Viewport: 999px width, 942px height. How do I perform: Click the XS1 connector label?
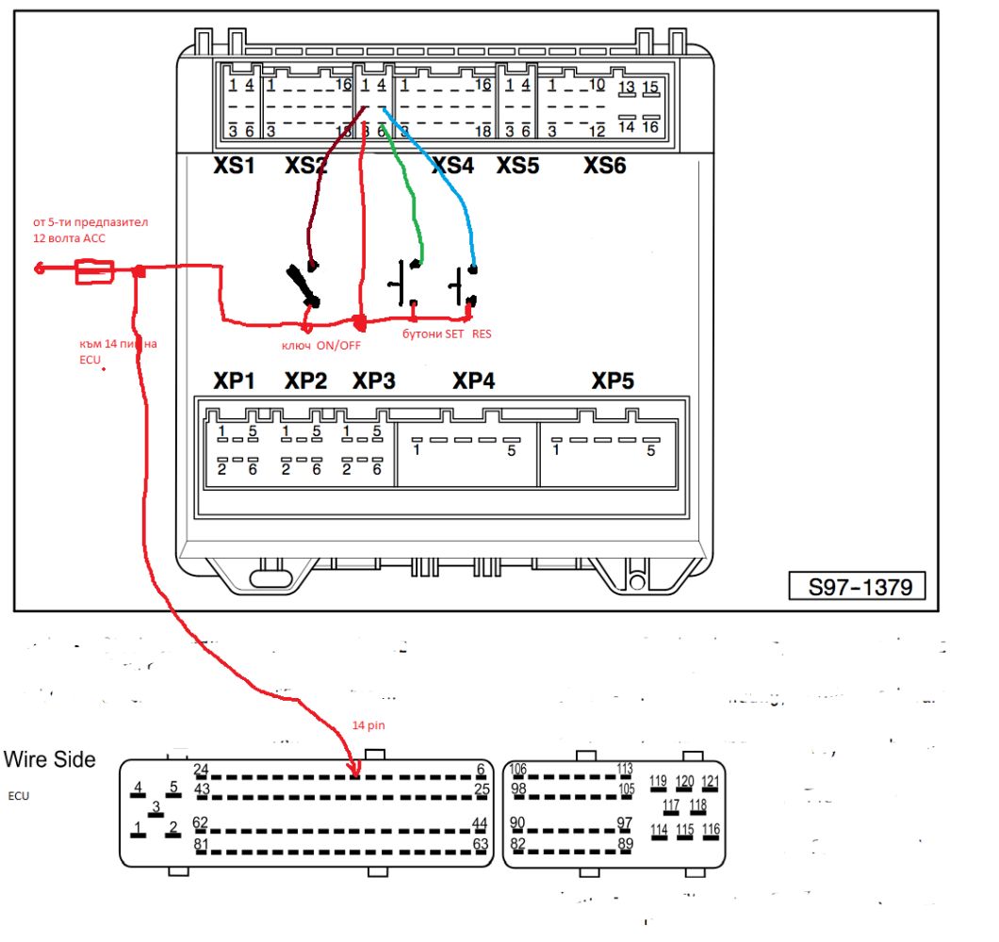[x=234, y=166]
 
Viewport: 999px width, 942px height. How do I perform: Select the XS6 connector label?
[x=604, y=166]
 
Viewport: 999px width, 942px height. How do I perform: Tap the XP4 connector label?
[x=473, y=382]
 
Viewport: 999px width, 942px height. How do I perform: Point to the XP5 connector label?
[x=613, y=382]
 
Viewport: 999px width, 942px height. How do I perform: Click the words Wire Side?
[x=50, y=759]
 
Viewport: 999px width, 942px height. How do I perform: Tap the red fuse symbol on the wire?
[x=94, y=273]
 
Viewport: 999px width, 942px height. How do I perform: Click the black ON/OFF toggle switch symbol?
[x=303, y=285]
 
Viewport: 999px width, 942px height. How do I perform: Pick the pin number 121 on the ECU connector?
[x=711, y=781]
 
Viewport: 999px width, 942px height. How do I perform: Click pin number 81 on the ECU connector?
[x=201, y=844]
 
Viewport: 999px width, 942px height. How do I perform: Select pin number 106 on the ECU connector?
[x=517, y=769]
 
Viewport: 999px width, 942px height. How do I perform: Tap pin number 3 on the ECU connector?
[x=156, y=807]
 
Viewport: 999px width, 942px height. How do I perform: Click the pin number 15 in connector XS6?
[x=649, y=88]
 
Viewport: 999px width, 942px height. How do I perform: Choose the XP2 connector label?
[x=306, y=382]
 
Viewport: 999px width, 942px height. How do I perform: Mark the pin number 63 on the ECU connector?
[x=481, y=844]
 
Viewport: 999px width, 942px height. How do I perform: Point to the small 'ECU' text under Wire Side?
[x=19, y=796]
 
